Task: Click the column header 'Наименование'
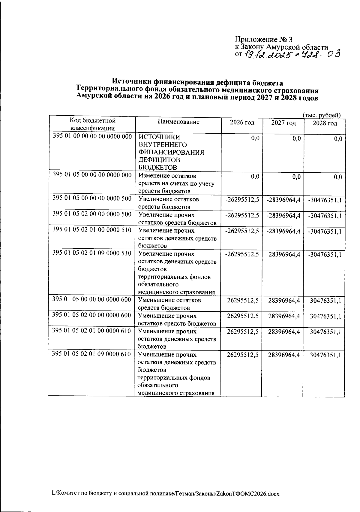pos(178,122)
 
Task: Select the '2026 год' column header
pos(242,123)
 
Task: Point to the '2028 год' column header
pos(325,123)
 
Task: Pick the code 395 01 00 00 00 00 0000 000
pos(92,136)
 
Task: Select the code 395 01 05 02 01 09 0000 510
pos(92,253)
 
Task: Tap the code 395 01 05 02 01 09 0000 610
pos(92,354)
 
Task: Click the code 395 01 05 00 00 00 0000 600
pos(92,299)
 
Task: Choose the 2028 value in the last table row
pos(325,355)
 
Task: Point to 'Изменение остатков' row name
pos(167,176)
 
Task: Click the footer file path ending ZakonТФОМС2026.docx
pos(166,493)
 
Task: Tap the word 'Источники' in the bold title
pos(132,81)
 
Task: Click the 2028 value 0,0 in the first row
pos(337,139)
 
